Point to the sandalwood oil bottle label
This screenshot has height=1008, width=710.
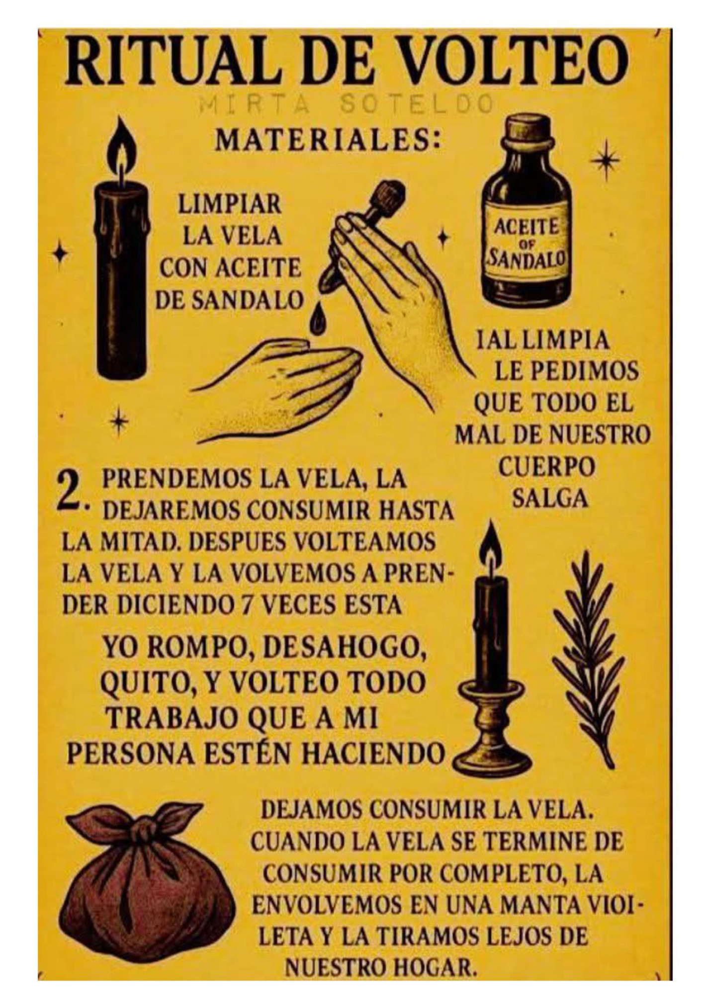pyautogui.click(x=528, y=242)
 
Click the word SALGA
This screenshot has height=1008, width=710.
pyautogui.click(x=550, y=498)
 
